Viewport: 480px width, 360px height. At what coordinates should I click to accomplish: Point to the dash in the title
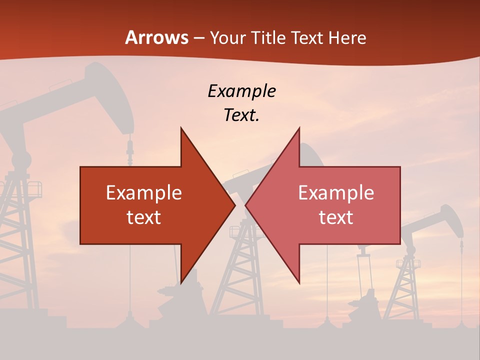[199, 38]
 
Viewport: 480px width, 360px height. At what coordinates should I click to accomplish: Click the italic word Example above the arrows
[241, 91]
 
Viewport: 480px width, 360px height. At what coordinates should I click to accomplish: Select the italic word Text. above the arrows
[241, 115]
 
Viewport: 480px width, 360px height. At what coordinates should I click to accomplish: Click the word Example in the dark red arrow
[144, 193]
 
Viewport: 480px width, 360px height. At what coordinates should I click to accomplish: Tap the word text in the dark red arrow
[144, 217]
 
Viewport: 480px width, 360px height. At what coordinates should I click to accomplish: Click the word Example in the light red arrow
[336, 193]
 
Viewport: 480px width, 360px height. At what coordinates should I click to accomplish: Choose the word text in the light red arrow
[336, 217]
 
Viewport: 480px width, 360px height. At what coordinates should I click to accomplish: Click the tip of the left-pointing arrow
[245, 205]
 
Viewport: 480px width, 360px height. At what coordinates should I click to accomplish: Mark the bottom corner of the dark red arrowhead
[181, 282]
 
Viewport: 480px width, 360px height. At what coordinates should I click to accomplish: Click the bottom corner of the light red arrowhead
[299, 282]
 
